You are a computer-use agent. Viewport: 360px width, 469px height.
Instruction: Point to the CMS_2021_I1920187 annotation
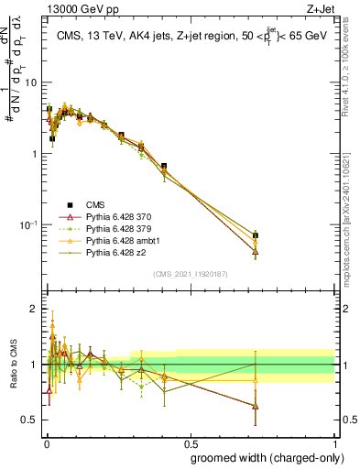[190, 274]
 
